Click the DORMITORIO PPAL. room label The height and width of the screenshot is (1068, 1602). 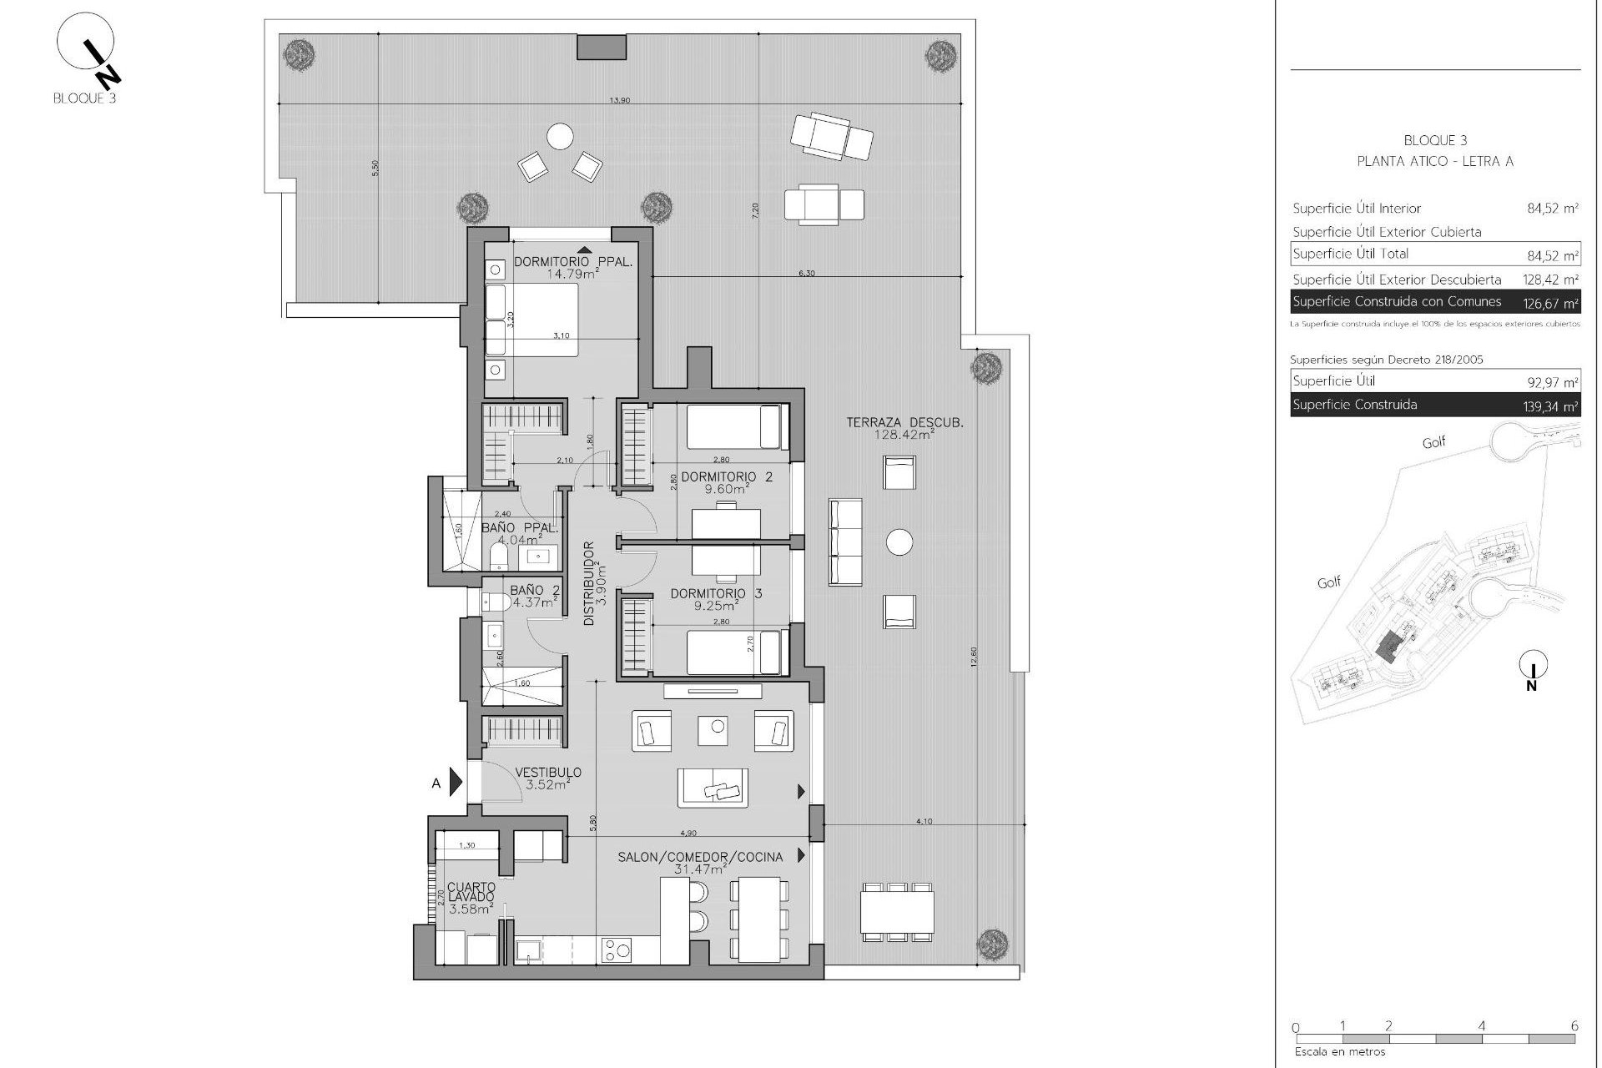pyautogui.click(x=572, y=261)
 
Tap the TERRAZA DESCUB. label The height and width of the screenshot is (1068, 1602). pyautogui.click(x=904, y=423)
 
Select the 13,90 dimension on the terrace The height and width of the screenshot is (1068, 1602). pyautogui.click(x=619, y=100)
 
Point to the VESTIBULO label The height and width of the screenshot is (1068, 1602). pyautogui.click(x=547, y=773)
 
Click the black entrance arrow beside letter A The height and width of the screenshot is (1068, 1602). pyautogui.click(x=456, y=782)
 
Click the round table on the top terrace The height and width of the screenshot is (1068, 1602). pyautogui.click(x=560, y=136)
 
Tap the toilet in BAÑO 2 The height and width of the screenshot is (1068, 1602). pyautogui.click(x=496, y=602)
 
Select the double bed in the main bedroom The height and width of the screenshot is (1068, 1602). pyautogui.click(x=532, y=320)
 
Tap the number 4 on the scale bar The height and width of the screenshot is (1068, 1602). pyautogui.click(x=1482, y=1027)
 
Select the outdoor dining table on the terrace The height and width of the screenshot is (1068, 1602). pyautogui.click(x=898, y=913)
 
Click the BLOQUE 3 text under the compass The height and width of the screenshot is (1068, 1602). pyautogui.click(x=83, y=98)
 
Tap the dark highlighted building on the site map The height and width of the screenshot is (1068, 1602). pyautogui.click(x=1388, y=645)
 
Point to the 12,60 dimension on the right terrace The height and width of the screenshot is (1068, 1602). pyautogui.click(x=974, y=656)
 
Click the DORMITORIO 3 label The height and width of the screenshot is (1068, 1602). pyautogui.click(x=716, y=594)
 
